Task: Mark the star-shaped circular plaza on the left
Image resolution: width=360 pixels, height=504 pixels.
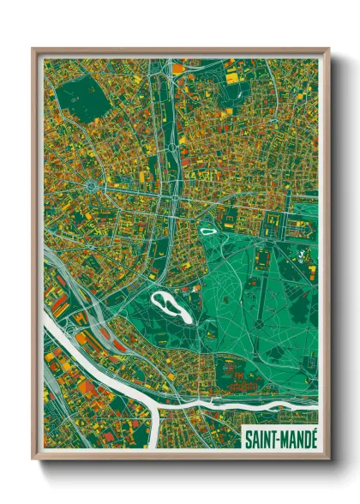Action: [93, 182]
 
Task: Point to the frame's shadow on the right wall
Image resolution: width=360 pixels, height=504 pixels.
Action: [337, 257]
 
